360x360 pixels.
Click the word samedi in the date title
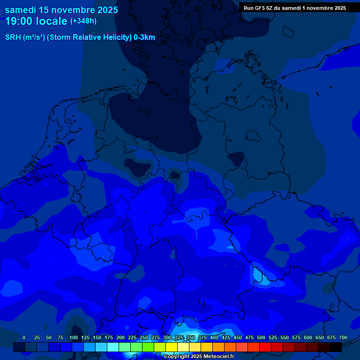[20, 9]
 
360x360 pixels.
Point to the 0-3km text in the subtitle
[144, 37]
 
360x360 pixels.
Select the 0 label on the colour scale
[24, 338]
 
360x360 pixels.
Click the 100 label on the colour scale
[74, 338]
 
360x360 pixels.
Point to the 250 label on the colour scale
[144, 338]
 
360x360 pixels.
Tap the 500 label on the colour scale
[261, 338]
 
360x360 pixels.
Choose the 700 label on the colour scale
[343, 338]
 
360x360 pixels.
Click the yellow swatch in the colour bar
[172, 347]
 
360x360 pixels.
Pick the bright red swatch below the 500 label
[265, 347]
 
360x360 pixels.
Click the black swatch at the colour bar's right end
[336, 347]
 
